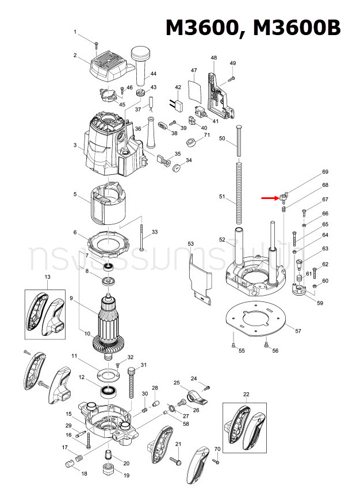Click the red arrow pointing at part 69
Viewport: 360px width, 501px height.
[x=268, y=198]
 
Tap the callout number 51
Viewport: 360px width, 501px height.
[x=222, y=197]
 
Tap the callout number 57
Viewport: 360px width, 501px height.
[x=298, y=331]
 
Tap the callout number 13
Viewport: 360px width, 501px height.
[x=48, y=277]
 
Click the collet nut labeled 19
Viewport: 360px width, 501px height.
[x=108, y=466]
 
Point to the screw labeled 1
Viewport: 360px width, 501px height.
[x=97, y=43]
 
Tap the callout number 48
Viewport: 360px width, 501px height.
[x=214, y=58]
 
